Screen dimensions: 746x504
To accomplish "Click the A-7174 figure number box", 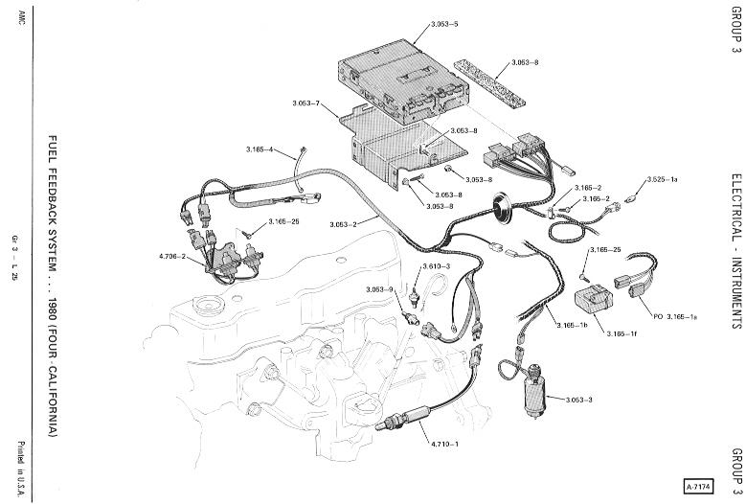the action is click(698, 487).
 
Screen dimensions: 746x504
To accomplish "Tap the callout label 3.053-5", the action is click(444, 24).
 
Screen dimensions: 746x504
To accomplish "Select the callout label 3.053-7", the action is click(305, 103).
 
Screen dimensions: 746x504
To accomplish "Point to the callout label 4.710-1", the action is click(444, 444).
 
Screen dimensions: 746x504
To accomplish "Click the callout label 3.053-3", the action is click(579, 400).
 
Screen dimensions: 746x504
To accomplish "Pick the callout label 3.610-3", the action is click(437, 266).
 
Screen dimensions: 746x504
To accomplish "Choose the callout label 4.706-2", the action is click(171, 256).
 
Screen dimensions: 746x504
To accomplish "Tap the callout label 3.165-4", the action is click(260, 149).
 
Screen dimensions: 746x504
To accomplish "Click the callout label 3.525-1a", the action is click(663, 179).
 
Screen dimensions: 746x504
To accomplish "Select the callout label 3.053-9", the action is click(379, 289).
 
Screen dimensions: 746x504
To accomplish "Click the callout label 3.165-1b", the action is click(573, 325).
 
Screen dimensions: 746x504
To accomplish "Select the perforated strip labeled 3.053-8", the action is click(489, 81).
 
